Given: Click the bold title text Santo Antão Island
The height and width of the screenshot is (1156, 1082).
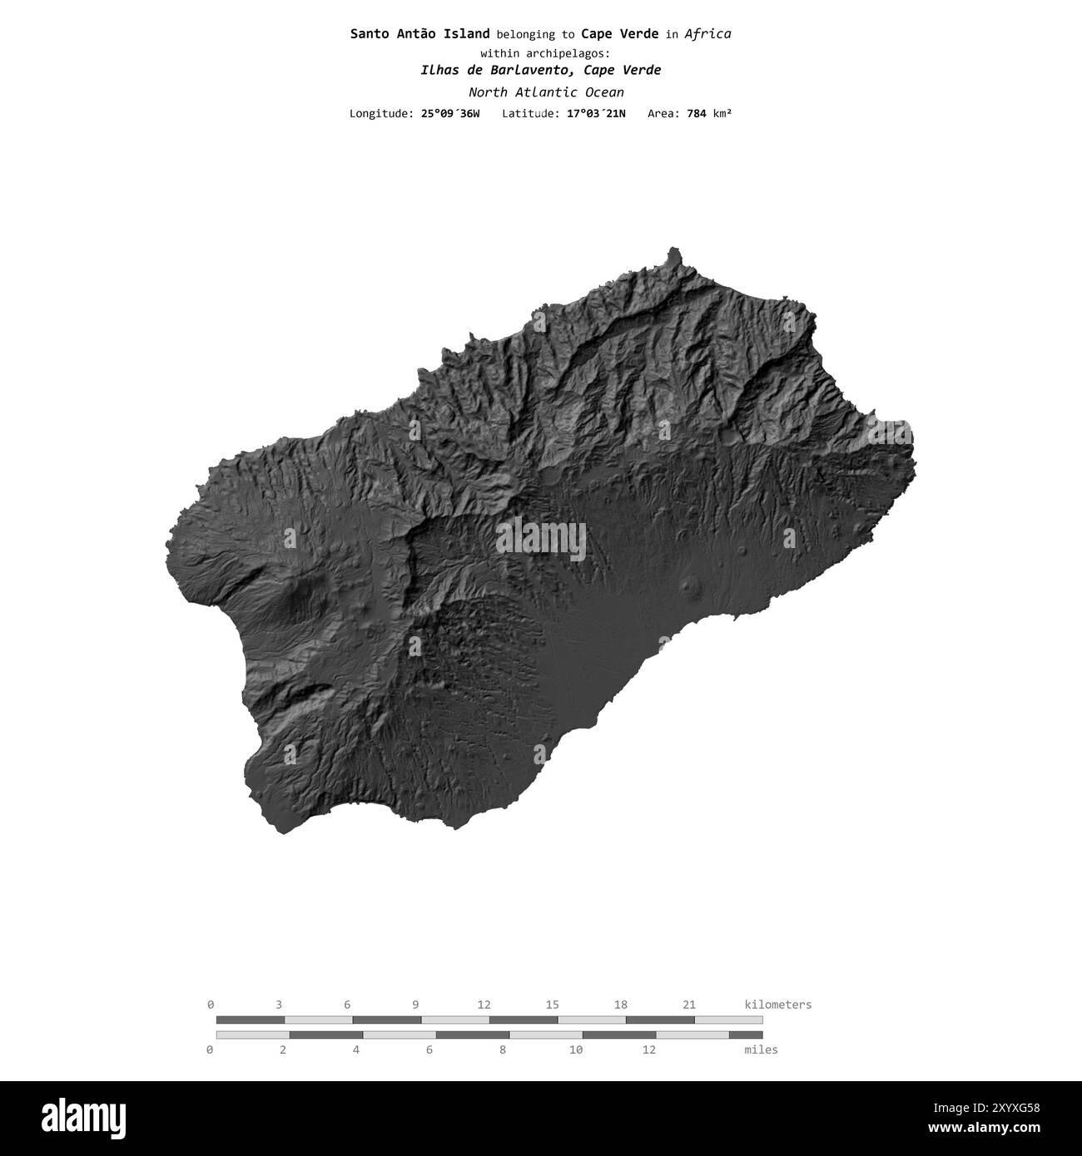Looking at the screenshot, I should (419, 34).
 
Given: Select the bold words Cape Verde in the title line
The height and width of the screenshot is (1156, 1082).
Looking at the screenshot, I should (619, 34).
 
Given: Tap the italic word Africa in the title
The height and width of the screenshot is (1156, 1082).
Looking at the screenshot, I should (707, 34).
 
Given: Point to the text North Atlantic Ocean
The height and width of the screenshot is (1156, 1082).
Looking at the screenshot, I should (546, 92).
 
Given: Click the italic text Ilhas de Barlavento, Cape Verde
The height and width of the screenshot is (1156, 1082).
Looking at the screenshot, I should (540, 70).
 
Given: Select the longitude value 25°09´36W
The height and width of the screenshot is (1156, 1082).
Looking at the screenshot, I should (449, 113).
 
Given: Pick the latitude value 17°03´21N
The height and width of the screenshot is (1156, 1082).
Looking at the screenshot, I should (596, 113).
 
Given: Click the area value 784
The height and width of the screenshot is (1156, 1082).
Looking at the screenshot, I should (696, 113).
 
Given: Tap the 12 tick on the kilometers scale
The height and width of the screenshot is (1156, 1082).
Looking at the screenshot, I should (484, 1005).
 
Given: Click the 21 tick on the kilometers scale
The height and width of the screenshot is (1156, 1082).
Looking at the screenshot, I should (688, 1005).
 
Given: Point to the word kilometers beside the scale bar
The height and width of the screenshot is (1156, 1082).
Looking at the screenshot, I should (777, 1005).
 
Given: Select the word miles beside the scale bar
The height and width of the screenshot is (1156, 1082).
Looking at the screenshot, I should (761, 1050).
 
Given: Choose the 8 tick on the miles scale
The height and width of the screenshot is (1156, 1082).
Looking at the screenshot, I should (503, 1050).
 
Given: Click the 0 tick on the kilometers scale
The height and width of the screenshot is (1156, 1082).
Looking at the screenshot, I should (211, 1005).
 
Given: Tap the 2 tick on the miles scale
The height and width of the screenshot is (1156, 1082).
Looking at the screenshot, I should (283, 1050).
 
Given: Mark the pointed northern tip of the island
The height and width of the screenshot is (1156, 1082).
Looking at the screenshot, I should (673, 249).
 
